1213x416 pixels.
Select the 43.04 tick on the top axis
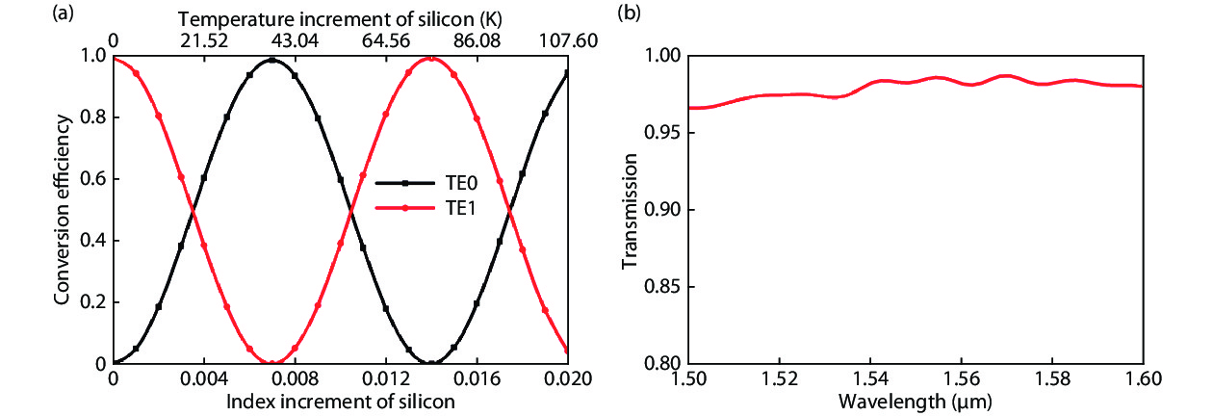pos(271,39)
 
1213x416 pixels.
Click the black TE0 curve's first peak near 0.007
pos(271,60)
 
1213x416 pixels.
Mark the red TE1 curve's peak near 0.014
pos(431,59)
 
